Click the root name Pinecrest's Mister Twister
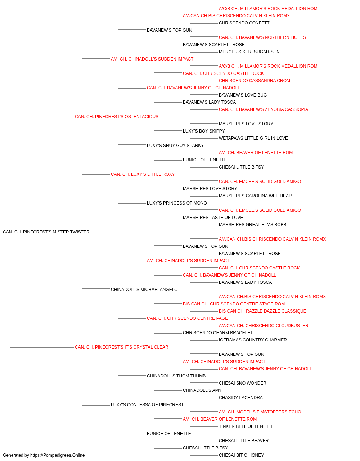coord(46,232)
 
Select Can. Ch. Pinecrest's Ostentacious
coord(116,117)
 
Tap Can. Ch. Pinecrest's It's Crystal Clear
coord(121,347)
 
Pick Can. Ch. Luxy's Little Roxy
coord(143,174)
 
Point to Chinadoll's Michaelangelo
coord(144,290)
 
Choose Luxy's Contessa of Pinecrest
coord(147,405)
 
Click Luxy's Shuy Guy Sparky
coord(175,146)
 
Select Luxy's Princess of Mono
coord(177,203)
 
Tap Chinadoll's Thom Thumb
coord(176,376)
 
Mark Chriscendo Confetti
coord(245,23)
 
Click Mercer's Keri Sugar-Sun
coord(249,52)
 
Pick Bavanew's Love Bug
coord(243,95)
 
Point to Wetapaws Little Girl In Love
coord(253,138)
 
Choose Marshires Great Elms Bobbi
coord(253,225)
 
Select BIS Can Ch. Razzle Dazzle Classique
coord(262,311)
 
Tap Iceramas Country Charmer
coord(253,340)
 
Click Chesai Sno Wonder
coord(243,383)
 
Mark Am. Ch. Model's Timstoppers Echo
coord(260,412)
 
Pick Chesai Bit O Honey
coord(241,455)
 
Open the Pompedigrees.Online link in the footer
coord(57,455)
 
